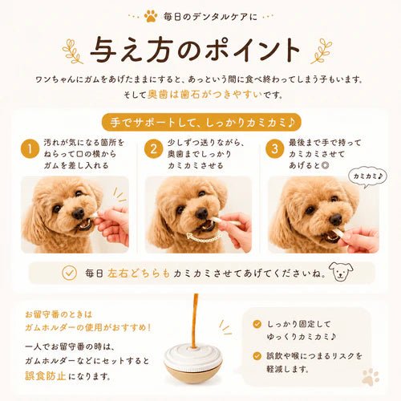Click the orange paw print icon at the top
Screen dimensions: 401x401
(151, 16)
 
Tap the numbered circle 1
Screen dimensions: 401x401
(30, 148)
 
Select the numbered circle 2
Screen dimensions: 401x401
(153, 148)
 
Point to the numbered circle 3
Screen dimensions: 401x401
(275, 148)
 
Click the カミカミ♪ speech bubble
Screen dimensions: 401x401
(368, 176)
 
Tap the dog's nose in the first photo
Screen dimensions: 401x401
(79, 213)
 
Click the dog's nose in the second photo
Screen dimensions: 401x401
(202, 213)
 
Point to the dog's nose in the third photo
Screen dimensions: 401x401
(335, 220)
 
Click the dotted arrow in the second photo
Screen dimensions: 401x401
(205, 238)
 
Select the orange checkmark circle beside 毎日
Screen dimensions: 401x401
(69, 273)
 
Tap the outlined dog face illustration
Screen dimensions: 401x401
(341, 272)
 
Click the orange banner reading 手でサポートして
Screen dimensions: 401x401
(201, 123)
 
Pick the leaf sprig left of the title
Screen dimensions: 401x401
(72, 51)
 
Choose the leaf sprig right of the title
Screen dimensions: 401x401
(322, 51)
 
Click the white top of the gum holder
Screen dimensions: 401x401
(193, 354)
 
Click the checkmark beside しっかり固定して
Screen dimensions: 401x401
(257, 324)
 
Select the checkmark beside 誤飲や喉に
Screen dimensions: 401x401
(257, 356)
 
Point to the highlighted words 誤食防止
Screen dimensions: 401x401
(46, 376)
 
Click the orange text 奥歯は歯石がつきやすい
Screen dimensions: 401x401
(205, 95)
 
